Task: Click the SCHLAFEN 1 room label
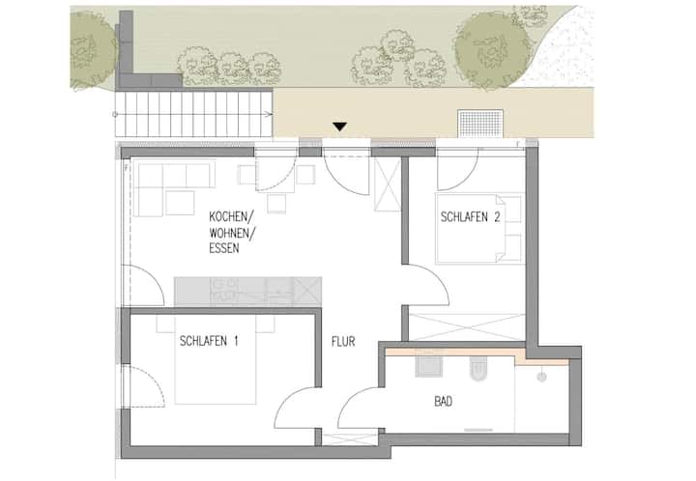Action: [209, 341]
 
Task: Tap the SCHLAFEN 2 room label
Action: [470, 216]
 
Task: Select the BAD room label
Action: [443, 402]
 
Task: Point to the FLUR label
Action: [343, 341]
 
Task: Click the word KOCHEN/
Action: [231, 217]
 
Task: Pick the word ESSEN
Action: [223, 248]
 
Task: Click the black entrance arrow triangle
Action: [340, 127]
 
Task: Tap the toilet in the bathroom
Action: [478, 367]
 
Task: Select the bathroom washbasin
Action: [429, 363]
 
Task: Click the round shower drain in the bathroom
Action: [541, 377]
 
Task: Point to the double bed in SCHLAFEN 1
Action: [216, 360]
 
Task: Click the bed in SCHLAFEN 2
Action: [478, 228]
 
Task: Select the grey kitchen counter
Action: [247, 292]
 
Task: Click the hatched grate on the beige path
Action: [480, 124]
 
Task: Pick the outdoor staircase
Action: [193, 114]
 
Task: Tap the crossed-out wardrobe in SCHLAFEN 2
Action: [468, 327]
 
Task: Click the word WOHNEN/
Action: [232, 233]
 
